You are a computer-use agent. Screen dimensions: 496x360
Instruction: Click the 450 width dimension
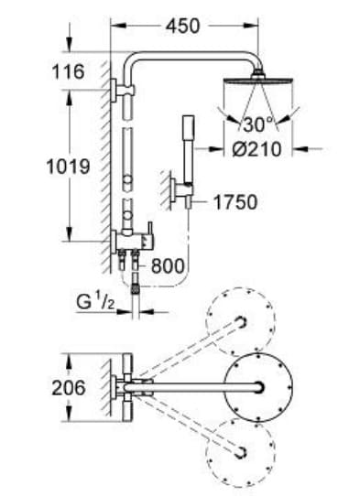182,27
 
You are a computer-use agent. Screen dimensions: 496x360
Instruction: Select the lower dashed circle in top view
241,451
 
